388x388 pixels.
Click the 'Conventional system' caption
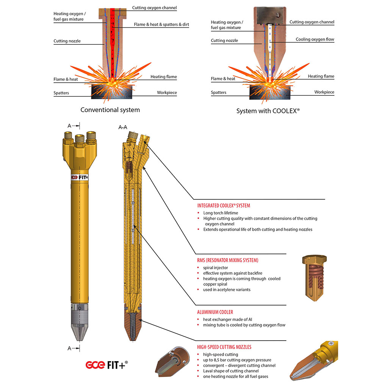110,110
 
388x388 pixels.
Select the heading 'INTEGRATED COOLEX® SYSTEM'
224,206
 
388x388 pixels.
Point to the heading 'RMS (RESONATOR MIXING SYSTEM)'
228,260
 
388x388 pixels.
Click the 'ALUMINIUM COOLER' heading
215,312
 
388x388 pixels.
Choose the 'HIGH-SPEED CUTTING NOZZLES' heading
224,347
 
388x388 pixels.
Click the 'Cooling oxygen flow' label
315,39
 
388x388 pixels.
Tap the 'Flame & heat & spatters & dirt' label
161,25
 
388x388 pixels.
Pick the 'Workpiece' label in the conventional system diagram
167,92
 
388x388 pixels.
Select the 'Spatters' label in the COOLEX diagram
218,92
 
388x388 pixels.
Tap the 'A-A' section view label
123,128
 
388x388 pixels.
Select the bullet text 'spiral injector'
216,268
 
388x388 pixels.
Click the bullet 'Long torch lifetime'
221,213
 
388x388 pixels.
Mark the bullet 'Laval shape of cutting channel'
231,371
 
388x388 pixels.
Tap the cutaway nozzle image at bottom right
314,364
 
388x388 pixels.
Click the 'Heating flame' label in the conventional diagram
163,77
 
